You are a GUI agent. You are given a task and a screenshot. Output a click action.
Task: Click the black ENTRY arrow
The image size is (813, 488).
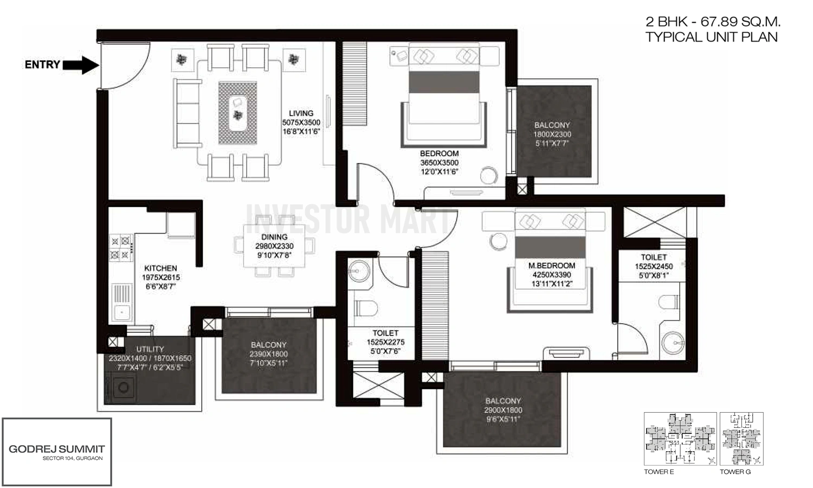pyautogui.click(x=81, y=65)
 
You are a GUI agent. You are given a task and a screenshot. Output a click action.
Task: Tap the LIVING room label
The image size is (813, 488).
pyautogui.click(x=301, y=113)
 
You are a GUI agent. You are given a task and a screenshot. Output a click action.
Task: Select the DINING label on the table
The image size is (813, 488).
pyautogui.click(x=274, y=237)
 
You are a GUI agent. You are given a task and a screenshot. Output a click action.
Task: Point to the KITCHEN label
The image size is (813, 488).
pyautogui.click(x=160, y=268)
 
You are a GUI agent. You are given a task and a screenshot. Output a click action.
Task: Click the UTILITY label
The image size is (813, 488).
pyautogui.click(x=150, y=349)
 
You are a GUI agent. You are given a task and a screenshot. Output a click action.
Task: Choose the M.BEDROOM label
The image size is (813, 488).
pyautogui.click(x=552, y=266)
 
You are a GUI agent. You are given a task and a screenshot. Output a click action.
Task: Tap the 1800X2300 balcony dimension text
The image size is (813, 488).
pyautogui.click(x=552, y=134)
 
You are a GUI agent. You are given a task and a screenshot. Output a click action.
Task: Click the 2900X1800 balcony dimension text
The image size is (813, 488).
pyautogui.click(x=503, y=410)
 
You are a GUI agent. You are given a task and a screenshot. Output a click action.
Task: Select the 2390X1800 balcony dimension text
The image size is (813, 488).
pyautogui.click(x=269, y=354)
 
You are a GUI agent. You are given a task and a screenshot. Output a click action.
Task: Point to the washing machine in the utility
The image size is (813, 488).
pyautogui.click(x=123, y=388)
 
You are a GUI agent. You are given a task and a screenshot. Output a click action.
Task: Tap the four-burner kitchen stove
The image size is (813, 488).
pyautogui.click(x=120, y=247)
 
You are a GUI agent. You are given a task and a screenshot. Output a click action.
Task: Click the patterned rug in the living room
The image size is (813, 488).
pyautogui.click(x=238, y=113)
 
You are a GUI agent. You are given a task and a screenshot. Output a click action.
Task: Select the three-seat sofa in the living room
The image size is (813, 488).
pyautogui.click(x=188, y=114)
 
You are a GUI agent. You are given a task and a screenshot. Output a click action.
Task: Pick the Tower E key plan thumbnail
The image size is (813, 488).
pyautogui.click(x=680, y=439)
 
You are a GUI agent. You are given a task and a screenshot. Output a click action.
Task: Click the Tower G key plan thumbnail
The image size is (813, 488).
pyautogui.click(x=741, y=439)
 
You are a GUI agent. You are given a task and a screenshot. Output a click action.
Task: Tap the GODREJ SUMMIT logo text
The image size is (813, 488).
pyautogui.click(x=57, y=449)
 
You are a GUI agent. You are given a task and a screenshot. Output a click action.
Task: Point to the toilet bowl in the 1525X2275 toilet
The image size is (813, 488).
pyautogui.click(x=366, y=309)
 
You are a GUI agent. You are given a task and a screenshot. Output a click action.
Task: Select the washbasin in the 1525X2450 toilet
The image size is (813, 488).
pyautogui.click(x=673, y=343)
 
